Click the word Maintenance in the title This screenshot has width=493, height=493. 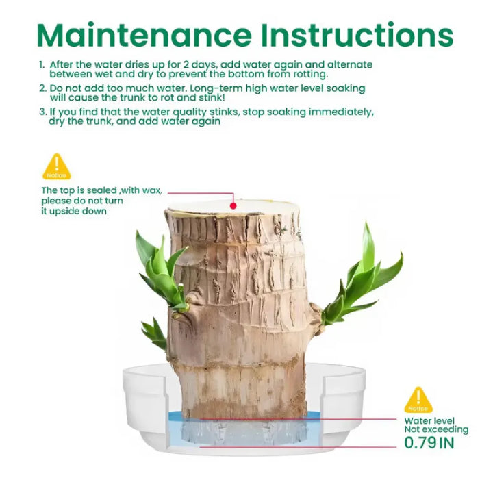click(144, 35)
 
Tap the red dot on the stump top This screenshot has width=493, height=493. click(233, 206)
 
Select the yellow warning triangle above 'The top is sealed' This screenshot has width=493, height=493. click(57, 166)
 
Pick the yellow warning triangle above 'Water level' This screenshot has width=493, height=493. click(418, 400)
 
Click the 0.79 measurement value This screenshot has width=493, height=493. click(420, 443)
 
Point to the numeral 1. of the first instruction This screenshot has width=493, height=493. click(42, 65)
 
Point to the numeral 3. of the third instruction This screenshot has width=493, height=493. click(42, 112)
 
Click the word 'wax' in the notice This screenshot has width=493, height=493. click(152, 190)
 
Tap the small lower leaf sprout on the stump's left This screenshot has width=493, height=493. click(154, 333)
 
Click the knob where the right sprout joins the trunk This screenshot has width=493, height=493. click(316, 318)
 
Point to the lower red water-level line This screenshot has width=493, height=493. click(298, 446)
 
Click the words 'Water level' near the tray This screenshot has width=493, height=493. click(429, 420)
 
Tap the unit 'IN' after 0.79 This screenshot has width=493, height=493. click(446, 443)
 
